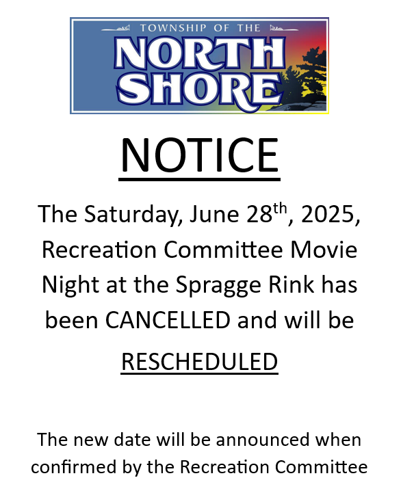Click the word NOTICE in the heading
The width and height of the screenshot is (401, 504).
199,155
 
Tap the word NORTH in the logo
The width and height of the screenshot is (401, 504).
199,53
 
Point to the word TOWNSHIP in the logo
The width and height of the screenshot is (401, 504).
173,28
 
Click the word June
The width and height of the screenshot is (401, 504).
214,214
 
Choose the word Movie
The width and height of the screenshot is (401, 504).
324,250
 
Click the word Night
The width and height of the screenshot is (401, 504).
70,285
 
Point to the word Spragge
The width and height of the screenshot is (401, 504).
218,285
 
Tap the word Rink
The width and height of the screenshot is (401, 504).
292,284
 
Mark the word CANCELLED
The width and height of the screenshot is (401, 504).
168,320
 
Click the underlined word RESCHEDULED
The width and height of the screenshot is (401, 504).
199,362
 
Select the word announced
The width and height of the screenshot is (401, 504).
262,440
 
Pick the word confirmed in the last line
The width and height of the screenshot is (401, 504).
74,466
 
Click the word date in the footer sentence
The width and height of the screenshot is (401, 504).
132,440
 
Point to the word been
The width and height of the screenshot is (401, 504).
71,320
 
